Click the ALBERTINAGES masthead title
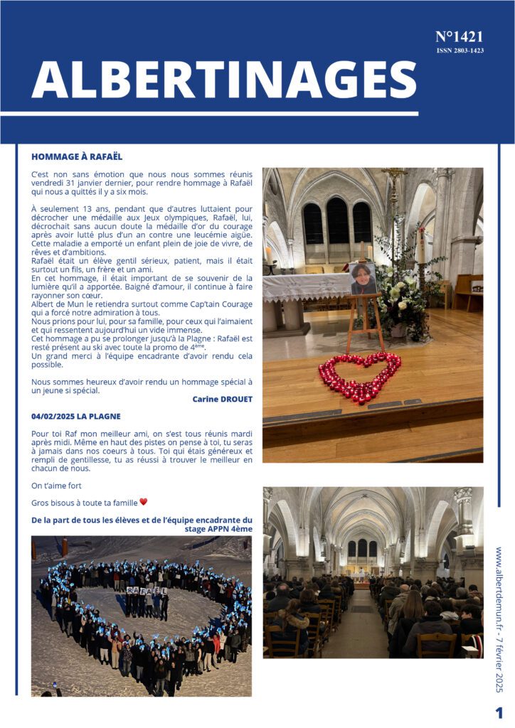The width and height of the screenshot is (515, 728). [x=223, y=78]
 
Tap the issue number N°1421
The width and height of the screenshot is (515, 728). [x=459, y=37]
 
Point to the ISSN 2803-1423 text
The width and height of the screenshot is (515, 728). [x=460, y=50]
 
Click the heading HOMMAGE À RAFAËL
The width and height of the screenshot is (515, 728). [x=77, y=156]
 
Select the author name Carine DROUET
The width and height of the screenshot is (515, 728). [x=222, y=400]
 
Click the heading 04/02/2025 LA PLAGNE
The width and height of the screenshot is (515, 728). [x=76, y=416]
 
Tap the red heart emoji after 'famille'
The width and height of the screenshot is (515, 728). [x=143, y=502]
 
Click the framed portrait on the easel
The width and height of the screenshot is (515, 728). [x=363, y=279]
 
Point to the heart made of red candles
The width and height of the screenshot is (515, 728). [x=359, y=376]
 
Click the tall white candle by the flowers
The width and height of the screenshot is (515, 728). [x=420, y=245]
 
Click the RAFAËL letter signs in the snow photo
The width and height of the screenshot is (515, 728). [x=147, y=590]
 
